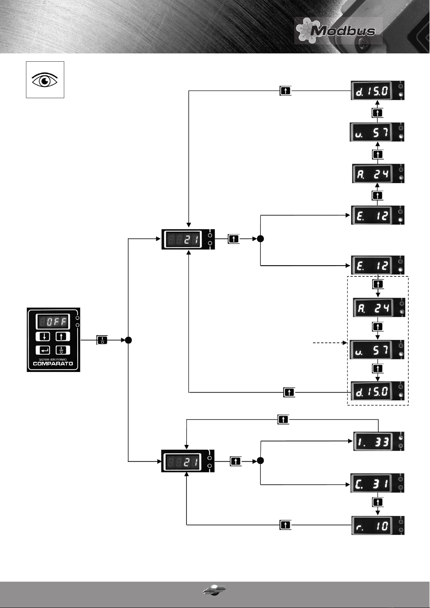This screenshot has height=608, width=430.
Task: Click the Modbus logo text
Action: (343, 31)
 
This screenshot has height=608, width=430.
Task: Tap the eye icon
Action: (45, 80)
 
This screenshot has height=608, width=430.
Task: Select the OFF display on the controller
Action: (53, 322)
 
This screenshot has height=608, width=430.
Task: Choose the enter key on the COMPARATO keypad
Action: (43, 350)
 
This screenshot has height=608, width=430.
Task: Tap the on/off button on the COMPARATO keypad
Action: (63, 350)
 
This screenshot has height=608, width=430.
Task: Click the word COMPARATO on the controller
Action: (53, 364)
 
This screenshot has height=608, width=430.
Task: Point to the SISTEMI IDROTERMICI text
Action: (53, 359)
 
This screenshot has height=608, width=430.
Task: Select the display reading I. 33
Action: (379, 441)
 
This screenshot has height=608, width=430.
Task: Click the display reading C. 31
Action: (377, 483)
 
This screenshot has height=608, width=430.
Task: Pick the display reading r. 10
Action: (378, 525)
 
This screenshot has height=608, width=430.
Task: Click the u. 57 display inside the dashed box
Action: (377, 350)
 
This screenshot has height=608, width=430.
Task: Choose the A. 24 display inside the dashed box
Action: (379, 307)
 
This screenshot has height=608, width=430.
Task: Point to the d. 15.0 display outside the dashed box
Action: (378, 90)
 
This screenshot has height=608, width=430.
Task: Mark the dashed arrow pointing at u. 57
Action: (330, 343)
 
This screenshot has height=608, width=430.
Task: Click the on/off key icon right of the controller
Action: (102, 340)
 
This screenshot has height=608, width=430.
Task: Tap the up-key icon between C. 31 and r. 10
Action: (378, 502)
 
